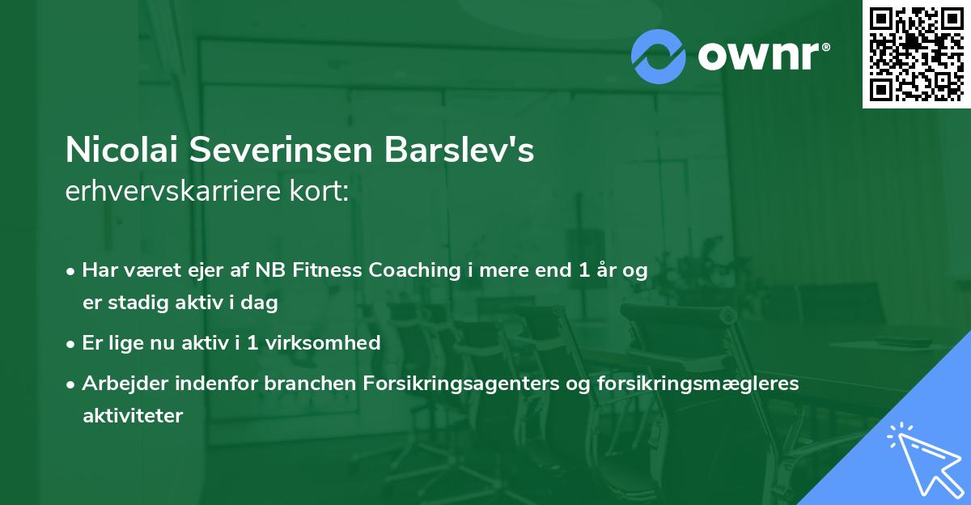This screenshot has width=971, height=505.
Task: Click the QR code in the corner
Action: click(x=916, y=54)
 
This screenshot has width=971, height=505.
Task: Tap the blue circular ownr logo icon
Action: click(x=659, y=57)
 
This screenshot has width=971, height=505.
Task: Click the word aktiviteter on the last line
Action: click(x=133, y=416)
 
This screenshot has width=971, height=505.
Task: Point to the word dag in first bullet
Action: click(x=262, y=303)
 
